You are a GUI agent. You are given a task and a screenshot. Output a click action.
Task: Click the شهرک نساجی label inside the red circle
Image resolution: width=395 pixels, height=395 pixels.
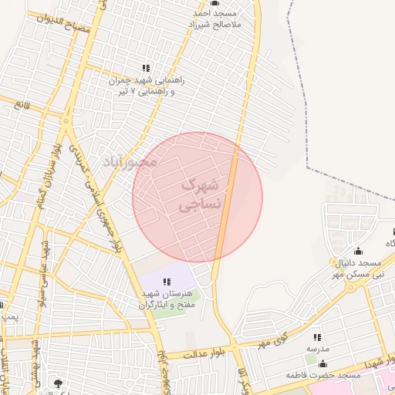tap(200, 195)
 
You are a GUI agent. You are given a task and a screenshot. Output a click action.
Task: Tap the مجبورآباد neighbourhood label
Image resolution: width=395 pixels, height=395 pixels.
tap(130, 162)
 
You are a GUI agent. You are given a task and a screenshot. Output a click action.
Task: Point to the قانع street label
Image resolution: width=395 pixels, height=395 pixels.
tap(32, 102)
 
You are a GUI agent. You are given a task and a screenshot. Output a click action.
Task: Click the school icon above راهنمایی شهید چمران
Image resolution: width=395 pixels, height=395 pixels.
tap(146, 68)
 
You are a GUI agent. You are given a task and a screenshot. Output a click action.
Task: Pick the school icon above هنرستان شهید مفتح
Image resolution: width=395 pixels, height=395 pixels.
tap(167, 281)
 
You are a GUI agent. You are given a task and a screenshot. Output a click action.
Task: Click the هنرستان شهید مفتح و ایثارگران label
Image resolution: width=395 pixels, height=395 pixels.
tap(164, 299)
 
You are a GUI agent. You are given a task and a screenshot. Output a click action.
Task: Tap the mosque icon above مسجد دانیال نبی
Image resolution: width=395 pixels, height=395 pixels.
tap(357, 251)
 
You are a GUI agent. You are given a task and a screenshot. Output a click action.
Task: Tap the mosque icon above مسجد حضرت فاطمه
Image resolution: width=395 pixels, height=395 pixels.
tap(322, 363)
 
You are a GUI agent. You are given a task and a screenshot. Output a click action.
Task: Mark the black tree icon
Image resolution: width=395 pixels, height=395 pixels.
tap(57, 382)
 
